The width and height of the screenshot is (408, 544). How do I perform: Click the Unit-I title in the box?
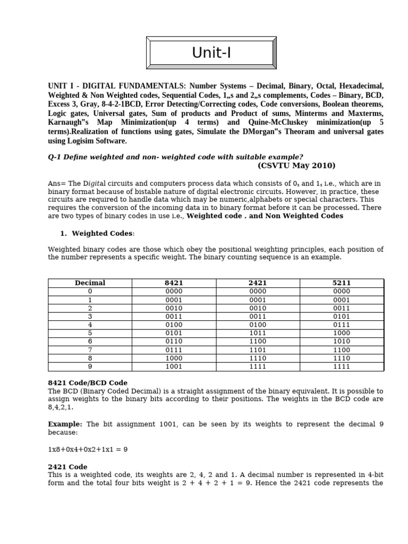point(212,53)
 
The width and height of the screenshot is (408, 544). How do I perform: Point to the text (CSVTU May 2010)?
point(297,165)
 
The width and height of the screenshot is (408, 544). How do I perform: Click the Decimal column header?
point(90,283)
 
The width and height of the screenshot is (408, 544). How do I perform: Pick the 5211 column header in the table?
point(342,283)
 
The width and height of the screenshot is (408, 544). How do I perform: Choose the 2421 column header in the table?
point(258,283)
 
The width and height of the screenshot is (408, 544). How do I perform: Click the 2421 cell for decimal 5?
point(258,333)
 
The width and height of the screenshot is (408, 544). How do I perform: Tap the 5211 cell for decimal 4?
point(342,325)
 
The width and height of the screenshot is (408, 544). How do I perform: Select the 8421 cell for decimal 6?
point(174,342)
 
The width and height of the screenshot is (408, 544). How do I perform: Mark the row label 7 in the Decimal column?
point(90,350)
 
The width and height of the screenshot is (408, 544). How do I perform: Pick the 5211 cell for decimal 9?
point(342,367)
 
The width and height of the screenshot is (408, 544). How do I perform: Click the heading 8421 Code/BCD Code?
point(88,382)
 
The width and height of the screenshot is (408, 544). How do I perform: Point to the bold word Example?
point(65,424)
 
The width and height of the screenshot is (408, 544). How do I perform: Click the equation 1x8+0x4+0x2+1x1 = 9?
point(88,449)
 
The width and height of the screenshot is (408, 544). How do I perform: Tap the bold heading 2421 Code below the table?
point(67,466)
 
